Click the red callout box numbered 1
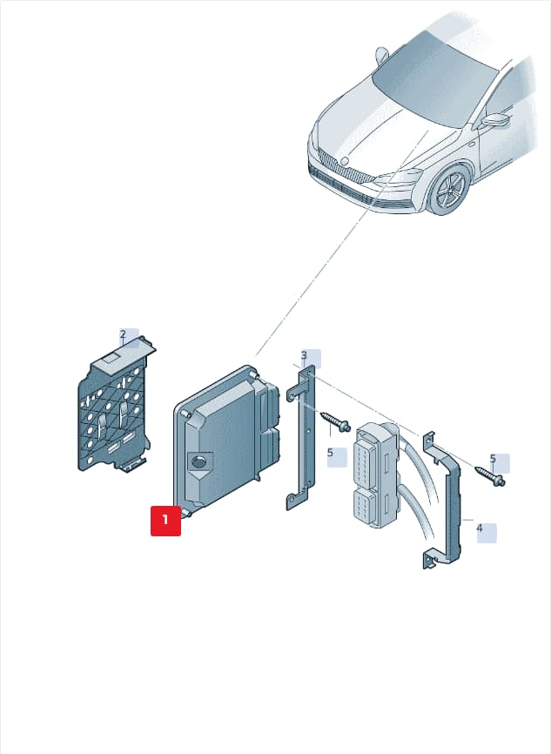click(166, 521)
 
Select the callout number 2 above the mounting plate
click(123, 334)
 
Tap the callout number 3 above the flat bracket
click(304, 355)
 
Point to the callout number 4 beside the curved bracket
click(480, 528)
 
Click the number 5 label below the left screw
click(330, 453)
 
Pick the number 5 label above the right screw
click(493, 459)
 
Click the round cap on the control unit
click(198, 462)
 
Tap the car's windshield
click(435, 77)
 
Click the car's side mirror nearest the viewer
click(495, 120)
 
